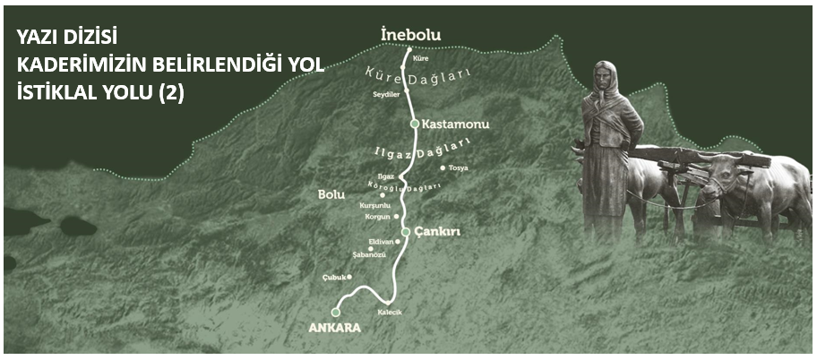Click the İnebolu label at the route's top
(x=411, y=35)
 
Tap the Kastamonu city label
(x=448, y=123)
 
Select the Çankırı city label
(x=437, y=231)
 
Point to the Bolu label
(x=331, y=194)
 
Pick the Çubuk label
(x=333, y=278)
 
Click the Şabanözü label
(x=369, y=255)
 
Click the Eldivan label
(x=381, y=242)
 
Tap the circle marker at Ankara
(x=335, y=312)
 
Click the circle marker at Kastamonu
(x=414, y=124)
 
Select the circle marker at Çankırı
(x=406, y=232)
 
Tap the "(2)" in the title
(x=169, y=91)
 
